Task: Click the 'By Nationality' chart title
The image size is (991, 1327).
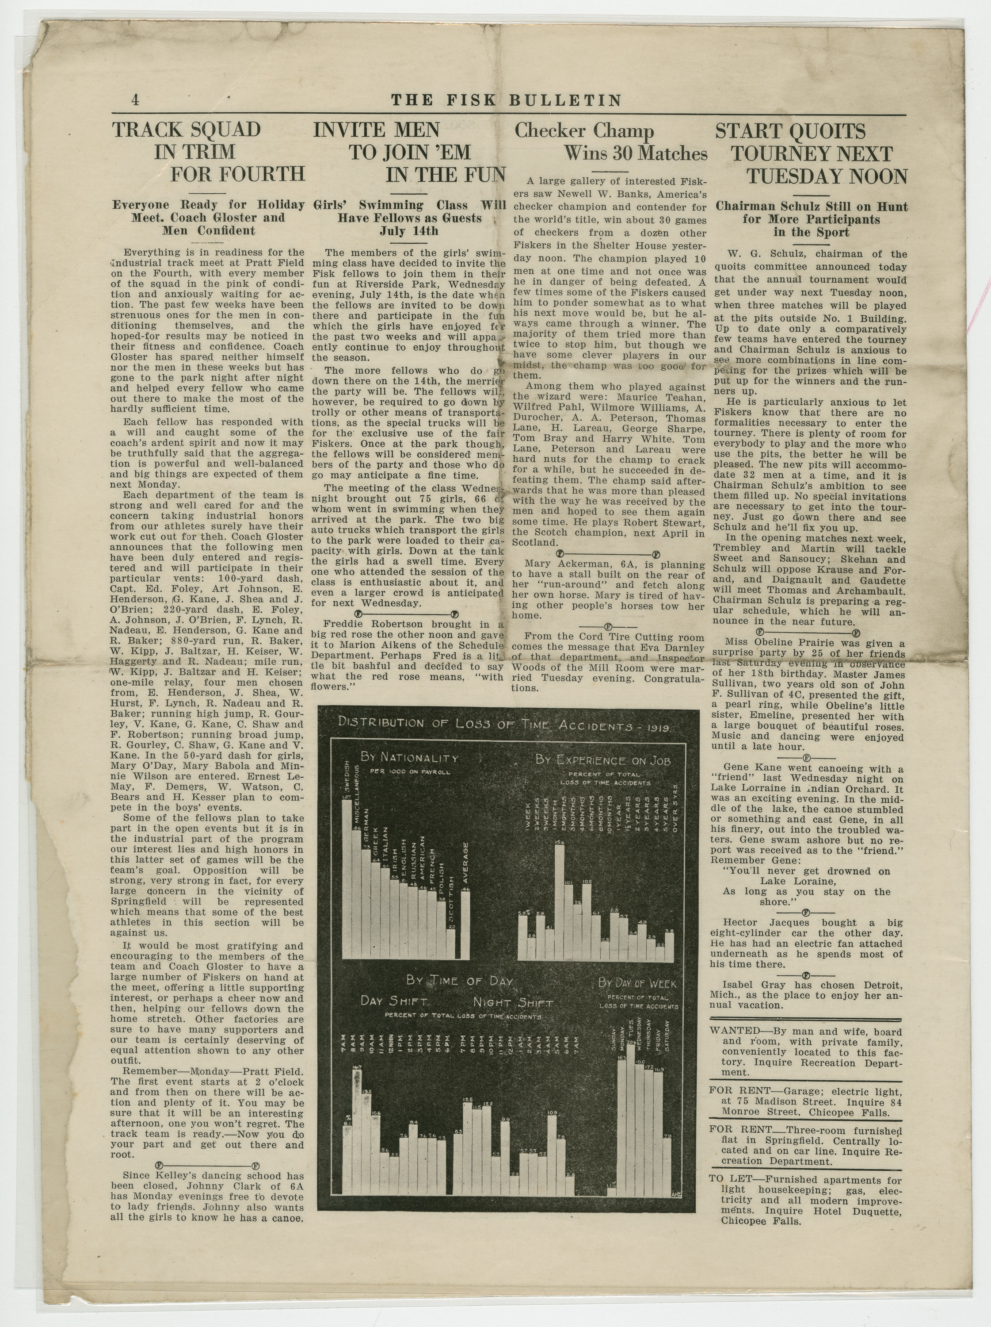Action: coord(409,758)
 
